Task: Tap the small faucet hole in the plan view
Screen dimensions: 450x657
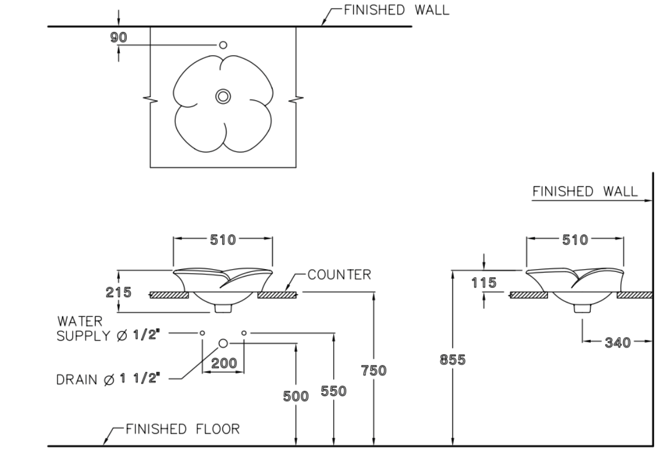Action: [224, 44]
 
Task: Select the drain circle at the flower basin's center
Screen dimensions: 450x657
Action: [223, 96]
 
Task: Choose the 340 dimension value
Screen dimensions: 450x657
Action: [617, 343]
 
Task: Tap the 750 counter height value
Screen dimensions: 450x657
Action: [375, 370]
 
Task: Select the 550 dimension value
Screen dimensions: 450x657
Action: [334, 391]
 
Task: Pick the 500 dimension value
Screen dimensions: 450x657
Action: [297, 395]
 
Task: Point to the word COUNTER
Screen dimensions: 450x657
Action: [339, 275]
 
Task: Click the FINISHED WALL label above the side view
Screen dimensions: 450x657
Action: [585, 191]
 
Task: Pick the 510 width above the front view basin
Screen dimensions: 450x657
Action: [222, 240]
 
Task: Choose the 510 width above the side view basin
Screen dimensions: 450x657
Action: [575, 240]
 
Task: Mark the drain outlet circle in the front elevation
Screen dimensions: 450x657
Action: [223, 343]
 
